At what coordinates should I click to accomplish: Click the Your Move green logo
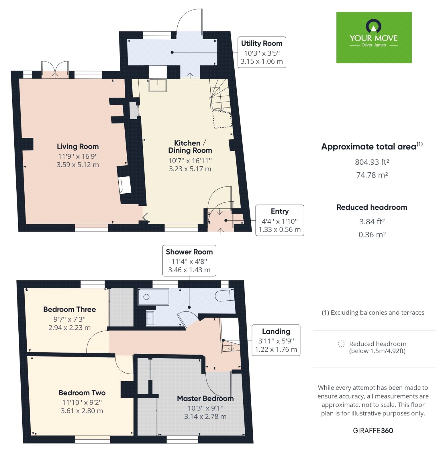[x=374, y=37]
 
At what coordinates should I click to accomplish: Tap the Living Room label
[x=78, y=147]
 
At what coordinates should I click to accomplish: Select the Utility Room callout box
[x=262, y=52]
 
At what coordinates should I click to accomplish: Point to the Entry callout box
[x=279, y=220]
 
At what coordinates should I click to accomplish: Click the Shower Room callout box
[x=189, y=260]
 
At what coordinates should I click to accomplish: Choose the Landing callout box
[x=276, y=340]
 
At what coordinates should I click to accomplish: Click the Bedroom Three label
[x=69, y=310]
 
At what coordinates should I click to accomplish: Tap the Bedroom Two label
[x=82, y=393]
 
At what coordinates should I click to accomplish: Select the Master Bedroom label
[x=205, y=398]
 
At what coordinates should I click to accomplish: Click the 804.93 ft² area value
[x=372, y=162]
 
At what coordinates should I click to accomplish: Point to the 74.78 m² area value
[x=372, y=175]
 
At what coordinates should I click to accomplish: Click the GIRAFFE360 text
[x=373, y=431]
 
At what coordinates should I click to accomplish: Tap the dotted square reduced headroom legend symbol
[x=341, y=344]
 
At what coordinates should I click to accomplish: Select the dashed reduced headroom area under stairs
[x=222, y=119]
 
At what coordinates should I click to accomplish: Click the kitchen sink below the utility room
[x=158, y=85]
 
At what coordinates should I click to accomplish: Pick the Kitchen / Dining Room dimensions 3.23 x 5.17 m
[x=190, y=169]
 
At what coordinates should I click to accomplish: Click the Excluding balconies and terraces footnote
[x=373, y=313]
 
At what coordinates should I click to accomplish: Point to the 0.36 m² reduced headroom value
[x=372, y=235]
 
